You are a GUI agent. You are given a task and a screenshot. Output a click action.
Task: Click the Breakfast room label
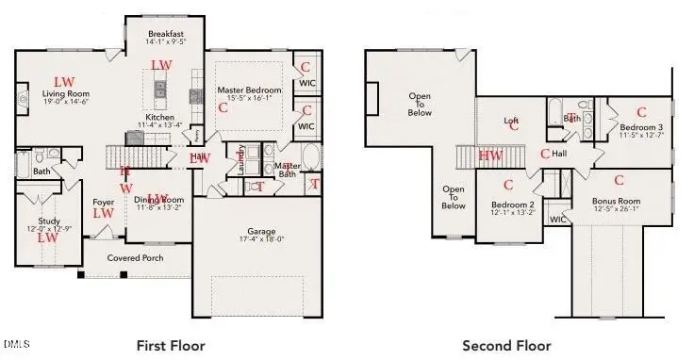[x=165, y=33]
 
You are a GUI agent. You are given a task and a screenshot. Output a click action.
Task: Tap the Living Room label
[x=65, y=93]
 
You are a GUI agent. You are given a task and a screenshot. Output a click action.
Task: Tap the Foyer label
[x=103, y=202]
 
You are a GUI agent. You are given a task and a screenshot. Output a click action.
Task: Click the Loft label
[x=511, y=121]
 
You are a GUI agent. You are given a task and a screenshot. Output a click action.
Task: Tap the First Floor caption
[x=171, y=345]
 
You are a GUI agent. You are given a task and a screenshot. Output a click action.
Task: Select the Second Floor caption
[x=506, y=345]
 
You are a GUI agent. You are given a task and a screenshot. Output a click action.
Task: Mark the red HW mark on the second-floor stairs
[x=490, y=155]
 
